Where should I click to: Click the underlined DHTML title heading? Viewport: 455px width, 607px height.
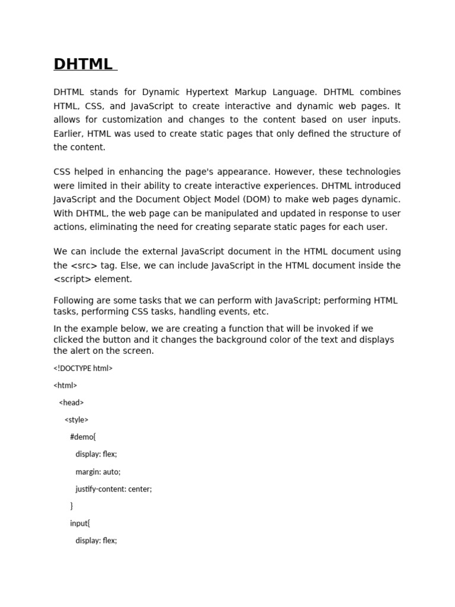(83, 64)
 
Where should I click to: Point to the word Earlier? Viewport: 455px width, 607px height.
(69, 133)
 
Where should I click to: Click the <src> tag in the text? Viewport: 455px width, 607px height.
(84, 266)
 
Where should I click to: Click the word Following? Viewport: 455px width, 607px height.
(74, 300)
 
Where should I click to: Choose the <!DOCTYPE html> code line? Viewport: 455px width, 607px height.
(83, 368)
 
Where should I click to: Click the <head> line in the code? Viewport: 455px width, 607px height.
(71, 402)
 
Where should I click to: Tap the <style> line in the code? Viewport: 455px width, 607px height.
(76, 420)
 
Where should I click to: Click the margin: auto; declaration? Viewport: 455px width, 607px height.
(98, 472)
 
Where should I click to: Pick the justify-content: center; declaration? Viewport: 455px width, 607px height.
(113, 489)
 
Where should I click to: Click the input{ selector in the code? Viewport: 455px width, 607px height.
(80, 523)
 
